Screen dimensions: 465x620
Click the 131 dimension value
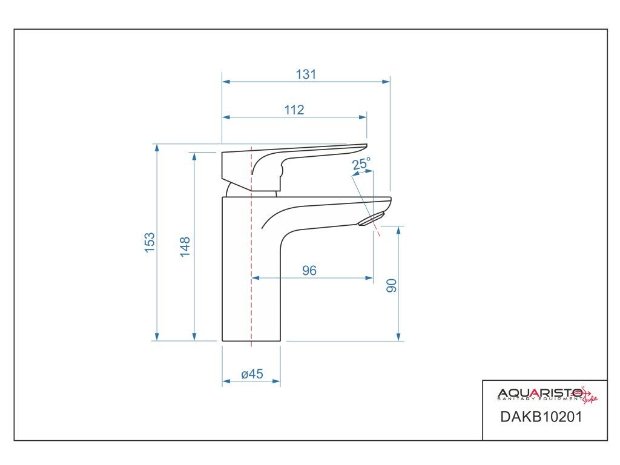click(x=306, y=74)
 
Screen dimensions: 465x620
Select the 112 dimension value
click(x=294, y=110)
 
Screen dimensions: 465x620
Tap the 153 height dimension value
click(x=150, y=242)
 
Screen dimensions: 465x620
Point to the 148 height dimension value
click(x=185, y=246)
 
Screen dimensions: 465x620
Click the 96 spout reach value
click(x=309, y=271)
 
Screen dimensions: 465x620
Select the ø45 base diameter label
click(x=252, y=374)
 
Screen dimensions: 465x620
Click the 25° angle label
click(x=361, y=163)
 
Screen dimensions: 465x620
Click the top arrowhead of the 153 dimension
click(x=157, y=148)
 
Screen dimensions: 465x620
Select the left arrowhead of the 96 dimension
click(x=255, y=278)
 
